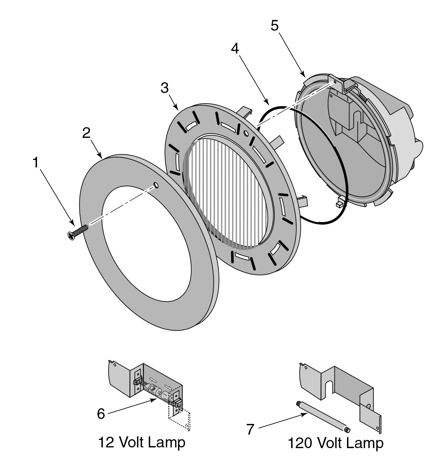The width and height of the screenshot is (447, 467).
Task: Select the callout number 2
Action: pyautogui.click(x=86, y=133)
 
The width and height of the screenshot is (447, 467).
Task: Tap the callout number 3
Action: pyautogui.click(x=164, y=88)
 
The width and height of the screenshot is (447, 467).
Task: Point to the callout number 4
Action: pyautogui.click(x=235, y=49)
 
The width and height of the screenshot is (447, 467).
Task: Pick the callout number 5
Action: pyautogui.click(x=274, y=26)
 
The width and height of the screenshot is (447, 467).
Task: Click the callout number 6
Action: pyautogui.click(x=101, y=414)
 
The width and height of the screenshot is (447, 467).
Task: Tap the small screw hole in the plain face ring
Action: pyautogui.click(x=156, y=185)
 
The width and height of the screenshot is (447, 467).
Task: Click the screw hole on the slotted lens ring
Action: pyautogui.click(x=246, y=133)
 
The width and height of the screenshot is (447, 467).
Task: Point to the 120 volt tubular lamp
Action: pyautogui.click(x=322, y=416)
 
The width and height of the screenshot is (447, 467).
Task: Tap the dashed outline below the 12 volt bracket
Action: pyautogui.click(x=180, y=420)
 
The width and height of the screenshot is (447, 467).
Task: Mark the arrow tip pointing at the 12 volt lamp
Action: pyautogui.click(x=158, y=400)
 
